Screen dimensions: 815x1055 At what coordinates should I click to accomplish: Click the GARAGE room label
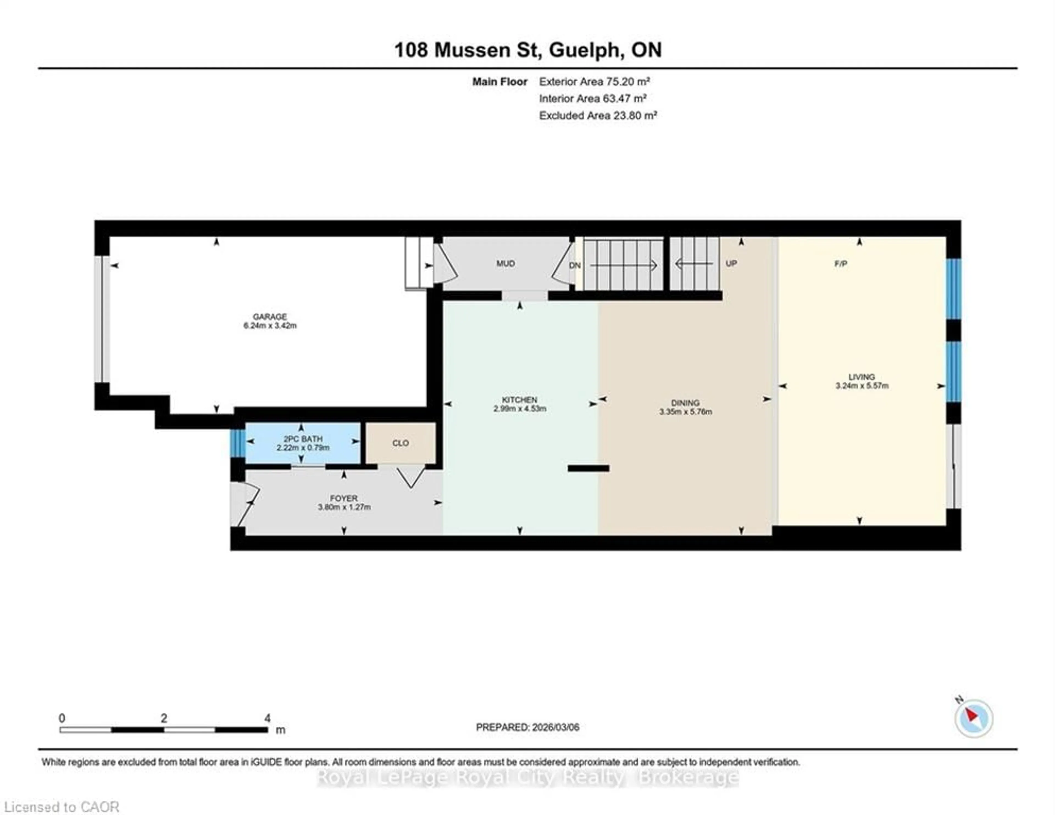click(270, 316)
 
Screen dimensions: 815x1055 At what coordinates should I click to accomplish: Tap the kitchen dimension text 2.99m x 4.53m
click(520, 409)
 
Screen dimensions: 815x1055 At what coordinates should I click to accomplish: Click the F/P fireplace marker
click(840, 264)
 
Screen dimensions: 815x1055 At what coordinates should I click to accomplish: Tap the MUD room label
click(505, 263)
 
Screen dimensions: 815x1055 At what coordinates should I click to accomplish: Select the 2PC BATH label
click(303, 439)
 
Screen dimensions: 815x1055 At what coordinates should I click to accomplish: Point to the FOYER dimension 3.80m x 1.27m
click(344, 507)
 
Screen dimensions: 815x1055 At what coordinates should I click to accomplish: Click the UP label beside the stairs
click(731, 263)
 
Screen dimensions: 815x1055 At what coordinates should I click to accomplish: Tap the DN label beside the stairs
click(574, 266)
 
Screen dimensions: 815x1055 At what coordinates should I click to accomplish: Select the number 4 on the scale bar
click(267, 718)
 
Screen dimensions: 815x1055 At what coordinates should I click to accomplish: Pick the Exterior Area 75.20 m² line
click(594, 82)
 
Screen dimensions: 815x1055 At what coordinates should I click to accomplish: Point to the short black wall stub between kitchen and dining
click(588, 468)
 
